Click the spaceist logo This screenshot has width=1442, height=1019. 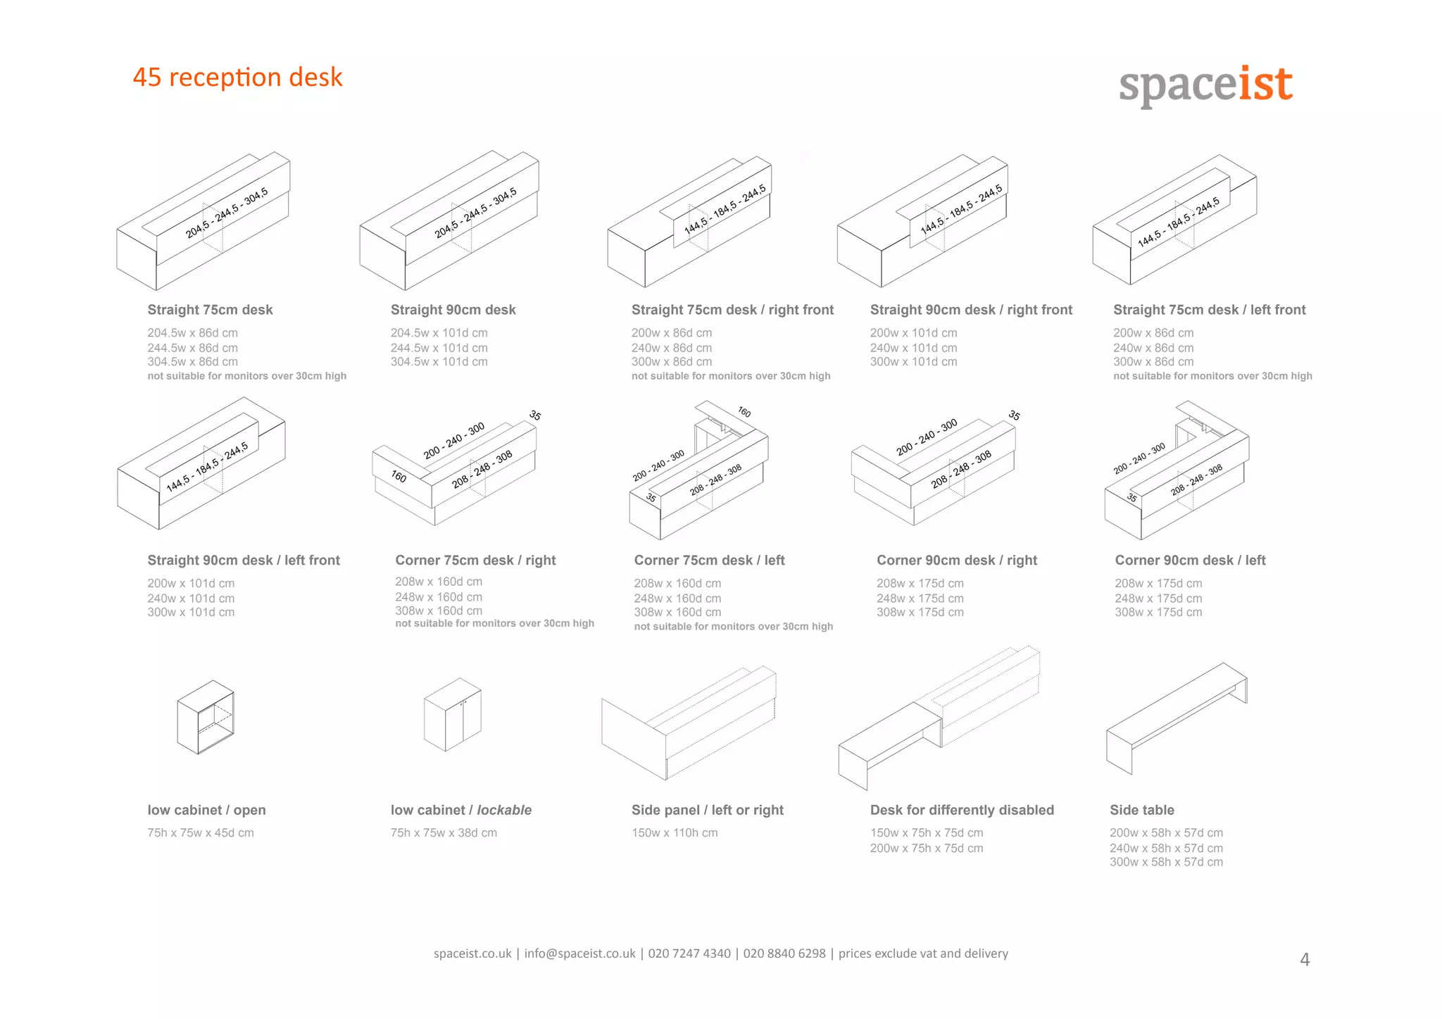tap(1205, 85)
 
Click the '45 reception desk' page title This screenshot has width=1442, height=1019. tap(237, 77)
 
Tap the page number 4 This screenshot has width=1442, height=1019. tap(1304, 960)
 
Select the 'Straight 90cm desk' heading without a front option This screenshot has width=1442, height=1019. tap(453, 310)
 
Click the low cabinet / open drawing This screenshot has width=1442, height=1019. tap(206, 717)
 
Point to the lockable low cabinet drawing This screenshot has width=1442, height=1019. tap(452, 714)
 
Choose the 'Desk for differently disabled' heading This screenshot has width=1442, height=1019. tap(962, 810)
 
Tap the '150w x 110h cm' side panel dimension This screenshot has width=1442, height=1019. tap(674, 833)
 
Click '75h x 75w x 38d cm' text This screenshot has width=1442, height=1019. tap(444, 833)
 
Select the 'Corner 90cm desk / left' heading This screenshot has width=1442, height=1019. tap(1190, 561)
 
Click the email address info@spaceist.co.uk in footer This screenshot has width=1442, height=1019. tap(579, 954)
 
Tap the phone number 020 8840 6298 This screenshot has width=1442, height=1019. tap(784, 954)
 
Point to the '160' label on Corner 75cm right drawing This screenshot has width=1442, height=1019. tap(399, 477)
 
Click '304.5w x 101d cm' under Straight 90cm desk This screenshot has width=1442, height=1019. tap(439, 362)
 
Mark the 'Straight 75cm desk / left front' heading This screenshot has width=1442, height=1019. tap(1209, 310)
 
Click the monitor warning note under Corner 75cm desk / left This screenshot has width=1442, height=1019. tap(733, 627)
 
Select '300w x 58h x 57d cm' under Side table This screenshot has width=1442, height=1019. tap(1166, 862)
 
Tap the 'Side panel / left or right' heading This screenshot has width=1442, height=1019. tap(707, 810)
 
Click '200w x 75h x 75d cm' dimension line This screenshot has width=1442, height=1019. tap(926, 849)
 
